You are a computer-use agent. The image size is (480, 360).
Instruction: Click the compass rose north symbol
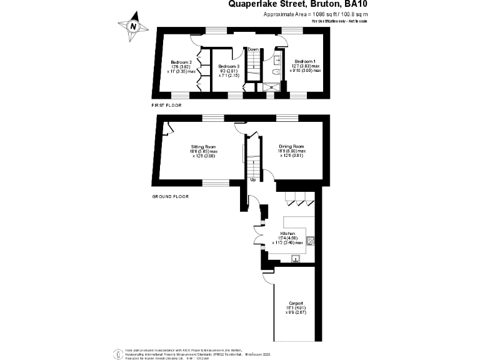(132, 26)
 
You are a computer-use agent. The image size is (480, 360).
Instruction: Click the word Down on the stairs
(253, 49)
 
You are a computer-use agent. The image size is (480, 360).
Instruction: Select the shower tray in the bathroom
(272, 87)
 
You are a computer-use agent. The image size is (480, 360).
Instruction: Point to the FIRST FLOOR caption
(167, 106)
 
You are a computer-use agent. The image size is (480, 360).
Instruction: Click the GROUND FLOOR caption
(171, 196)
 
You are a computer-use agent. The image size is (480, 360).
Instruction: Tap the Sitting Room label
(204, 151)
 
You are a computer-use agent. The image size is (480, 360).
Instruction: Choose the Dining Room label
(291, 151)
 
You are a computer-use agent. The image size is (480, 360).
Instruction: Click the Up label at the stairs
(253, 180)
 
